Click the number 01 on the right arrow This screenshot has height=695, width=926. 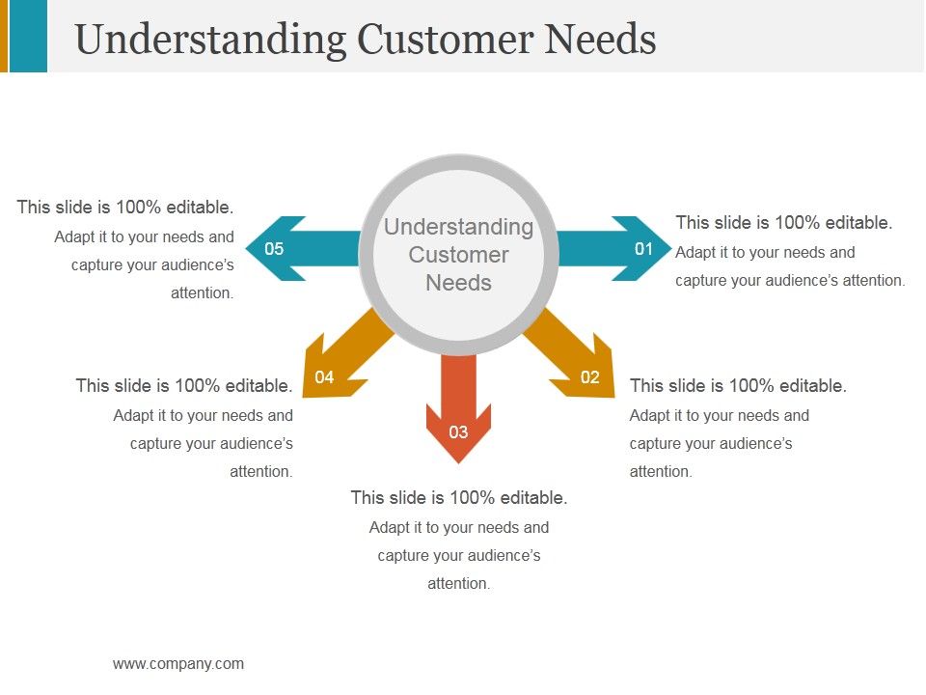click(x=643, y=249)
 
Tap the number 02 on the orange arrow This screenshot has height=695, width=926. click(x=589, y=377)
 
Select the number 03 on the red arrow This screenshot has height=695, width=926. click(x=458, y=431)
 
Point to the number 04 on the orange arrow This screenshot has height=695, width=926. click(x=324, y=377)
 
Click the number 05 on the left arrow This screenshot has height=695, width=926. click(x=274, y=249)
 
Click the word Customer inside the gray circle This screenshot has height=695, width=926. click(x=458, y=255)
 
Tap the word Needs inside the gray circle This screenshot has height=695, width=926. click(x=458, y=283)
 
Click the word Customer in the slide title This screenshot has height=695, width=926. click(x=444, y=40)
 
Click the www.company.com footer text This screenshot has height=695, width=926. click(x=178, y=663)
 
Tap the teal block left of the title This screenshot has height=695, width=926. click(x=28, y=36)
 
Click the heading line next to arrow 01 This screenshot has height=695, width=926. click(x=784, y=223)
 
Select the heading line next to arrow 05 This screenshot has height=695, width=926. click(x=125, y=208)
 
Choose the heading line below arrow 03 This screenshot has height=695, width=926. click(x=458, y=498)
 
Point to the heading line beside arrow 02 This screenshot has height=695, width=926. click(x=738, y=386)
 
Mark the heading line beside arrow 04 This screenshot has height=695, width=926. click(x=184, y=386)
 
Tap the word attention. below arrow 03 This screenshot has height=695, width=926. click(x=459, y=583)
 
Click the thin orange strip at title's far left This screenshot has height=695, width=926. click(x=4, y=36)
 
